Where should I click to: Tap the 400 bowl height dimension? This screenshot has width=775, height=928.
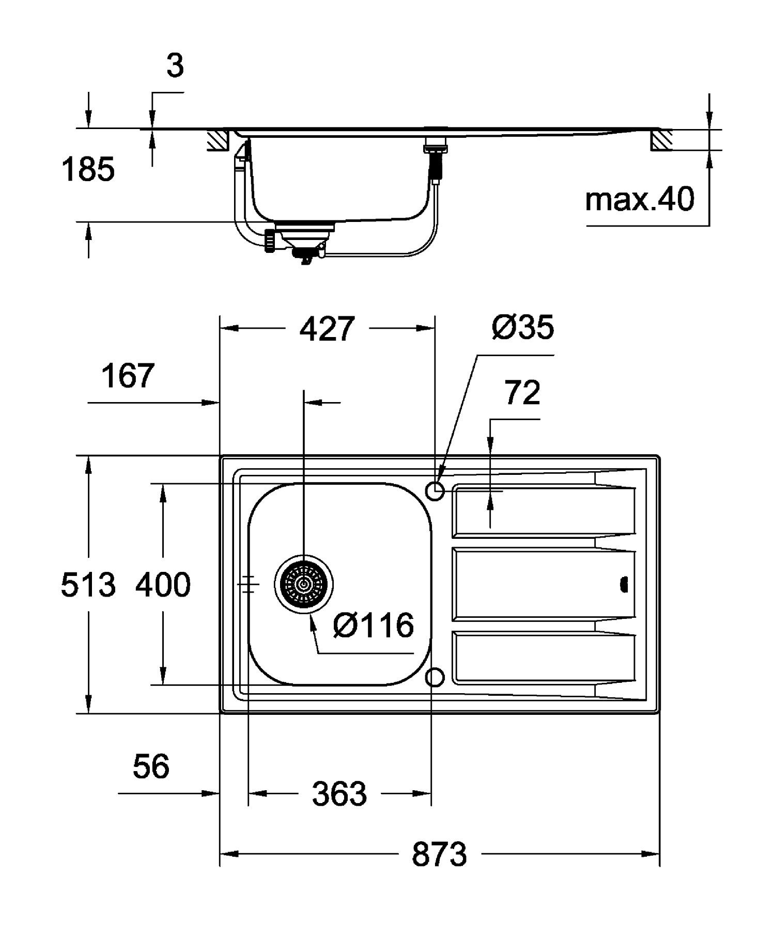[163, 585]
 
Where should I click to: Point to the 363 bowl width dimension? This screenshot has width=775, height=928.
[339, 793]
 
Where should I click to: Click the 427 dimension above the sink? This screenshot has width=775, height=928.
[328, 329]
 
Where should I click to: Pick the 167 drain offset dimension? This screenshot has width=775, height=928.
[128, 376]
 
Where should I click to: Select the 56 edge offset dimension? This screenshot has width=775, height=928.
[151, 766]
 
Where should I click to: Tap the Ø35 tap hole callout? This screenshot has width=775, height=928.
[522, 327]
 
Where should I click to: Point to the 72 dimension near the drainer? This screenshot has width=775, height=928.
[522, 393]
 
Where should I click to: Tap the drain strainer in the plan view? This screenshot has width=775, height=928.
[304, 585]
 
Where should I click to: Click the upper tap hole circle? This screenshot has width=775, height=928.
[435, 491]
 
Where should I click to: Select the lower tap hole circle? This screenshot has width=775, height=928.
[435, 677]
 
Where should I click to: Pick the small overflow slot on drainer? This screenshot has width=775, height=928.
[624, 585]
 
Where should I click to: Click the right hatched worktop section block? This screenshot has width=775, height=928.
[661, 140]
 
